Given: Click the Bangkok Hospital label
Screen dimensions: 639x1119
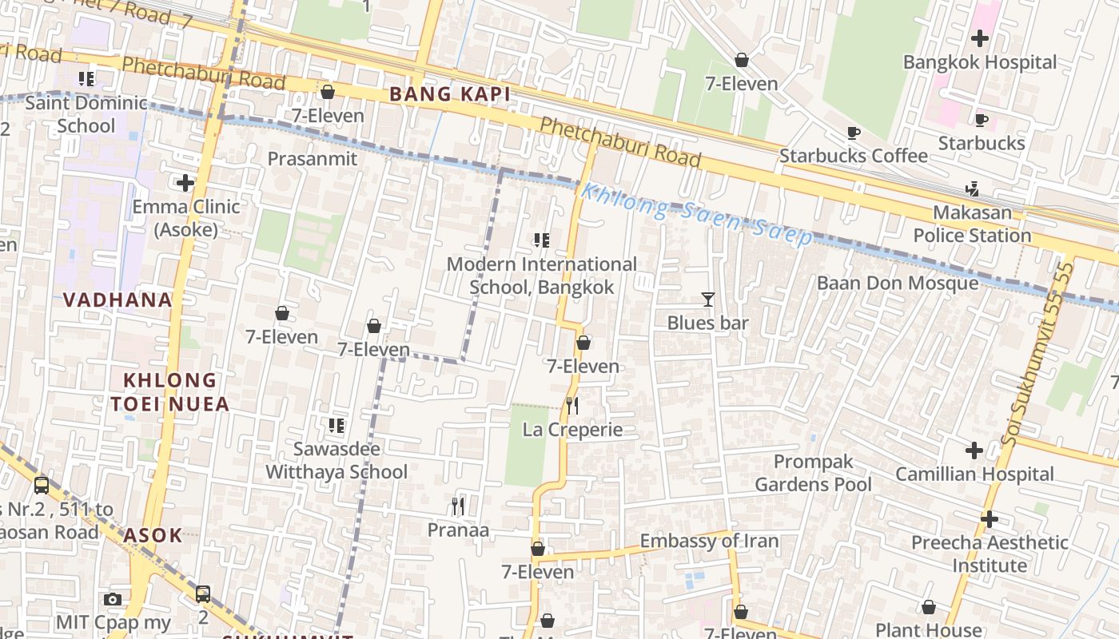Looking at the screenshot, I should click(979, 62).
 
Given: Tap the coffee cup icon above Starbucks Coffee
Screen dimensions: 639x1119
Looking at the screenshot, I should click(853, 133).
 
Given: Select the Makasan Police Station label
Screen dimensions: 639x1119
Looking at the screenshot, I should click(972, 224).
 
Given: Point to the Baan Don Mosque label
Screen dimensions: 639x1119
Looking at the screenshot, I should click(897, 283).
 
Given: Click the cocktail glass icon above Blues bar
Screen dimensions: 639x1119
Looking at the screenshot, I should click(707, 300).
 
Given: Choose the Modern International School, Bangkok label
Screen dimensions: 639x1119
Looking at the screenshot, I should click(542, 276).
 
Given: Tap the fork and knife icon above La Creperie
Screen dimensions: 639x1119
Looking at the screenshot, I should click(571, 406).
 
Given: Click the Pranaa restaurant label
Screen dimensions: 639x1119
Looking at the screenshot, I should click(458, 530).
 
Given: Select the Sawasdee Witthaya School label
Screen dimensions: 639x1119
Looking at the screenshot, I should click(336, 460).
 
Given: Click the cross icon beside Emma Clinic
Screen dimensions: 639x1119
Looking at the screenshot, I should click(185, 183).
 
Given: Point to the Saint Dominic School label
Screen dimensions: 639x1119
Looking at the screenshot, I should click(86, 114).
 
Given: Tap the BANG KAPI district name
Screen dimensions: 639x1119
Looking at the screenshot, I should click(449, 94).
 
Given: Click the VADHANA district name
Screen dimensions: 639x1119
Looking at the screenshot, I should click(117, 300).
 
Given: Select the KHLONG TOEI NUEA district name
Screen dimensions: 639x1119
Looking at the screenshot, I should click(170, 391).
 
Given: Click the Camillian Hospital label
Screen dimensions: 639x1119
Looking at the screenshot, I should click(974, 474).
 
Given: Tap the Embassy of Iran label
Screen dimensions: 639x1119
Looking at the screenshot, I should click(709, 541).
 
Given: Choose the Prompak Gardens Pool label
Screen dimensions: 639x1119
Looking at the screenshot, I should click(813, 473).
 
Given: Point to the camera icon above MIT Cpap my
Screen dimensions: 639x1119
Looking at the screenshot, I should click(113, 599).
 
